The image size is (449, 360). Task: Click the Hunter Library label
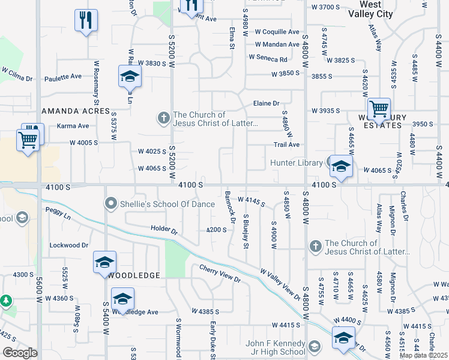point(297,163)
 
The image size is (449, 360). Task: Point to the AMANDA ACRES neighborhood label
point(76,112)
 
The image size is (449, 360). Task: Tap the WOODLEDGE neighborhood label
point(133,275)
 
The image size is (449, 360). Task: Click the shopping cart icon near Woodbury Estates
point(379,109)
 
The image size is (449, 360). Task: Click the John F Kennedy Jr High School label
point(283,347)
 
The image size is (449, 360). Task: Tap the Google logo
point(20,353)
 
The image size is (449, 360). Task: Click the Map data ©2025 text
point(424,355)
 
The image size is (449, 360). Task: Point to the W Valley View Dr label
point(279,283)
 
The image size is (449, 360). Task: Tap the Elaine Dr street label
point(267,103)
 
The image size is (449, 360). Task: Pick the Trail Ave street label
point(286,145)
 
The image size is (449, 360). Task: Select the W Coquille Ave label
point(277,32)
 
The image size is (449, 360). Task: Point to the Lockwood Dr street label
point(68,245)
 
